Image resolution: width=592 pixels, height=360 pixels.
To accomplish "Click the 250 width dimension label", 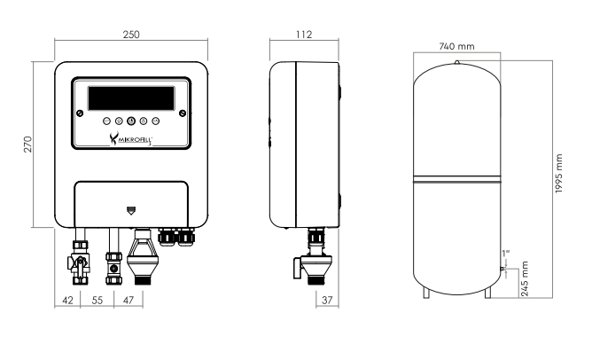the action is point(131,35).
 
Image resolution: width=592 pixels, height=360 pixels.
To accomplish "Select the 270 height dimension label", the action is point(28,145).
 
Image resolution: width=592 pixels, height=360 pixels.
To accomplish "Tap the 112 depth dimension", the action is point(304,35).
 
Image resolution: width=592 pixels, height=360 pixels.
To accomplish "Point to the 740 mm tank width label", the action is point(456,46).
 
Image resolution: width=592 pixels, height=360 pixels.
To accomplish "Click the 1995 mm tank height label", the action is point(559,174).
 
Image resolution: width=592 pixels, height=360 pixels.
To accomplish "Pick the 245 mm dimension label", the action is point(525,278).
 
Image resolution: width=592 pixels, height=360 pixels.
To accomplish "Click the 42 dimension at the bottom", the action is point(67,301).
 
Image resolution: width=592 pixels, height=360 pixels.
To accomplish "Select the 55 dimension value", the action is point(97,301).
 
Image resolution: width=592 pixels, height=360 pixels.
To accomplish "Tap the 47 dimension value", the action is point(129,301).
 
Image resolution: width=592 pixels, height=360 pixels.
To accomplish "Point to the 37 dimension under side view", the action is point(327,301).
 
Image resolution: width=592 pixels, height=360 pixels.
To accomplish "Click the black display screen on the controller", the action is point(131,98).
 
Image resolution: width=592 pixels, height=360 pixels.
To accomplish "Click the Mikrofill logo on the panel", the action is point(131,138).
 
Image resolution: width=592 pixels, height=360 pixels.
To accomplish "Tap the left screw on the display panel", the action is point(80,113).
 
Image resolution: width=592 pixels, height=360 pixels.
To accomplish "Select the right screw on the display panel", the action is point(183,113).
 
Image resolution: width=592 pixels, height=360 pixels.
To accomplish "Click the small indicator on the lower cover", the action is point(130,210).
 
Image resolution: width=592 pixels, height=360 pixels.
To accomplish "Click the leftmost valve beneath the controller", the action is point(80,262).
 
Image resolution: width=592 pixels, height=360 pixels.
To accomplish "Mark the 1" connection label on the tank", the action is point(506,254).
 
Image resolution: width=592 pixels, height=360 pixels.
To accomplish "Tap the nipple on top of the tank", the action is point(456,62).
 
